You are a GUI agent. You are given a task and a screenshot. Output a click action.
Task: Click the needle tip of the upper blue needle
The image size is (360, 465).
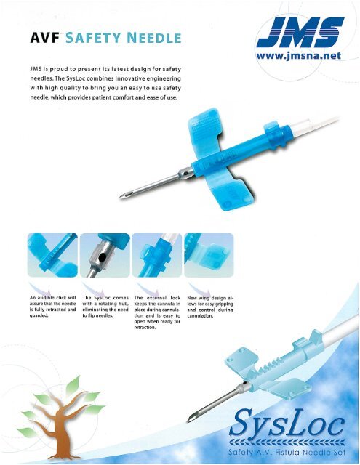[121, 195]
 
